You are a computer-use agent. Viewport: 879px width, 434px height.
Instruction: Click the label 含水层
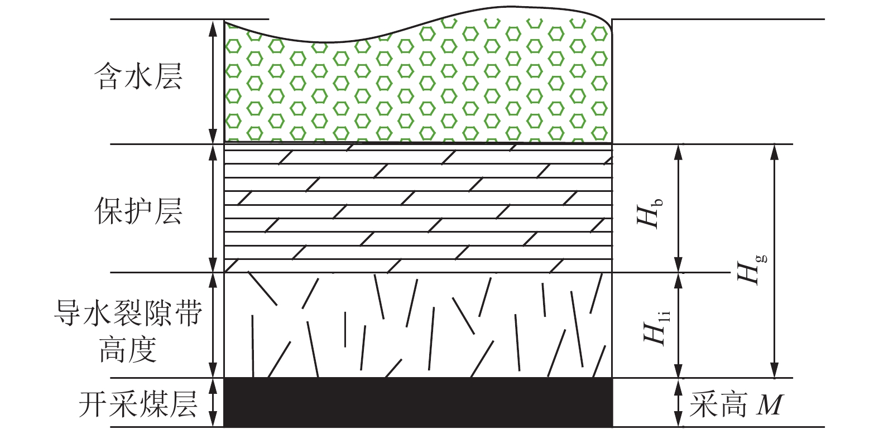138,76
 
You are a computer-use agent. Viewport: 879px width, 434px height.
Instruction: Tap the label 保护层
138,211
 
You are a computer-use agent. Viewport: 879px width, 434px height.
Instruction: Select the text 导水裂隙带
128,314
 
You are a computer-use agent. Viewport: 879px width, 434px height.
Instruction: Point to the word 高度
128,350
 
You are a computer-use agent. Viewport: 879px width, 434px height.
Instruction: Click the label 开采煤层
138,404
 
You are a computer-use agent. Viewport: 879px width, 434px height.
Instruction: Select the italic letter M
770,405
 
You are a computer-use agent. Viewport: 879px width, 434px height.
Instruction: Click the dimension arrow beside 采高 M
678,403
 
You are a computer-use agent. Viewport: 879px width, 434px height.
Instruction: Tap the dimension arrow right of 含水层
212,82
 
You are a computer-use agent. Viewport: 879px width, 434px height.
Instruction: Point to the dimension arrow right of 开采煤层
212,403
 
